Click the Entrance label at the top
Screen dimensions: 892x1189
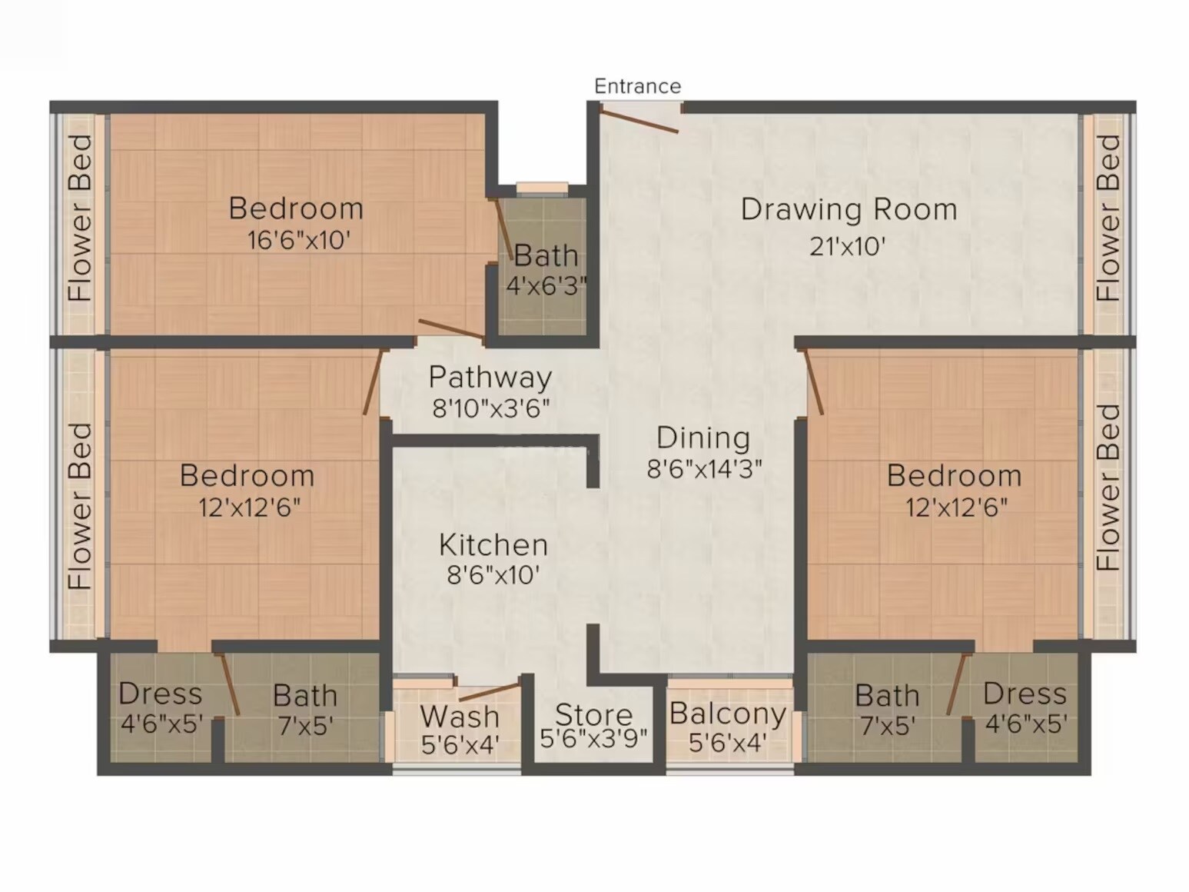pos(637,86)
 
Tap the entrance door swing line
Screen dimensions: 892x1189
pos(639,121)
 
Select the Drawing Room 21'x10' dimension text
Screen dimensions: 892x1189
pos(847,246)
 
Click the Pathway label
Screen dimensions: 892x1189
pos(490,377)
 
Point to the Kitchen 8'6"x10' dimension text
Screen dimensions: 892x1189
pos(493,574)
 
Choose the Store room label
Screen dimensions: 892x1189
pos(593,714)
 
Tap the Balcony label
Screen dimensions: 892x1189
pos(727,713)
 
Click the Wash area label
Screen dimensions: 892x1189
pos(460,716)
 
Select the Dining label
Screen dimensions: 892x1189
pos(703,438)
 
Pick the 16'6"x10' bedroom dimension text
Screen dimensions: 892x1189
pos(298,241)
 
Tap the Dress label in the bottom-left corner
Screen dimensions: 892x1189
pos(160,694)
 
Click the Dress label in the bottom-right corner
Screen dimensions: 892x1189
pos(1025,694)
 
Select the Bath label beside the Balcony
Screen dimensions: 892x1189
pos(887,695)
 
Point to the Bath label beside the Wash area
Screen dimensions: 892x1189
pos(305,695)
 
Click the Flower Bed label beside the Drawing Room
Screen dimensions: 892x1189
pos(1108,218)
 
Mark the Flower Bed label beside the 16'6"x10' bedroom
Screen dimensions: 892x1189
pos(81,218)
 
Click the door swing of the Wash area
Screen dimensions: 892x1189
pos(489,691)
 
